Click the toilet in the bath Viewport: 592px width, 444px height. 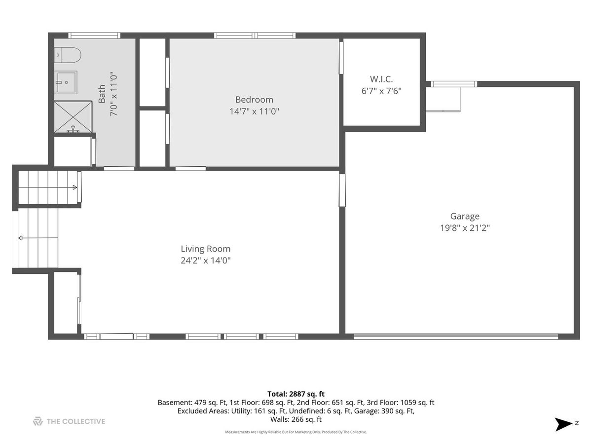68,55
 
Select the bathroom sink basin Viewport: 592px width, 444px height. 66,82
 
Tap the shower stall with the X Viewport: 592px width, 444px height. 73,116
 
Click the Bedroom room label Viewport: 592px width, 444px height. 254,100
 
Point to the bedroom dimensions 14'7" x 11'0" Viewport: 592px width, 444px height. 254,111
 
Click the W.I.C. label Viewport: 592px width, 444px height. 381,79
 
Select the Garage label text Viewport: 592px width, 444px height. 465,216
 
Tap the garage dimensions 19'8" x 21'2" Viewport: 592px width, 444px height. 465,228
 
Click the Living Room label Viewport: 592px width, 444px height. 206,249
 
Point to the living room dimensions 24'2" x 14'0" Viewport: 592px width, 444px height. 206,260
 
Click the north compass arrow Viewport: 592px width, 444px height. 563,424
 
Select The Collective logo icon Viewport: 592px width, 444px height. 38,421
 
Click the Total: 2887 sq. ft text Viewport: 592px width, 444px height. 296,394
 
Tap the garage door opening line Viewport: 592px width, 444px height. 456,336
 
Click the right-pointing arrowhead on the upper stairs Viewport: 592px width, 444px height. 75,187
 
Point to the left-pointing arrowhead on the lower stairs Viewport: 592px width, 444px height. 21,238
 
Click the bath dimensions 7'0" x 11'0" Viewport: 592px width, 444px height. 114,94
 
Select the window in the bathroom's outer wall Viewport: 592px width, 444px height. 94,36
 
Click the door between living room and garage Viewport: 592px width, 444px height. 342,190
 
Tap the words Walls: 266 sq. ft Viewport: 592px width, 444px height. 296,419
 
